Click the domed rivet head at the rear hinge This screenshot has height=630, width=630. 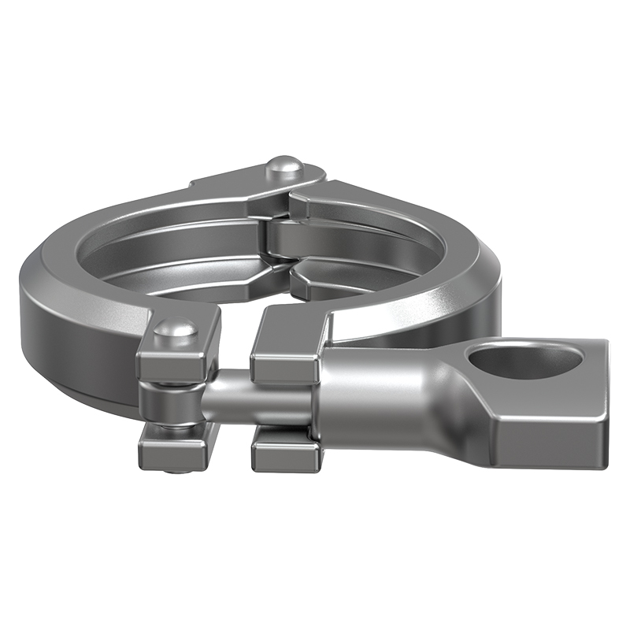[x=285, y=167]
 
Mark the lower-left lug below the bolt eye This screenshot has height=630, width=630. [x=177, y=445]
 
